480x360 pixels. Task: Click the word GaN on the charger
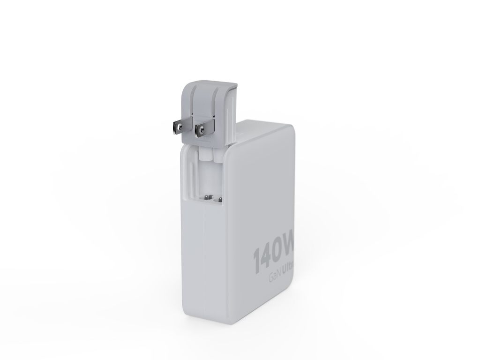tap(274, 277)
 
